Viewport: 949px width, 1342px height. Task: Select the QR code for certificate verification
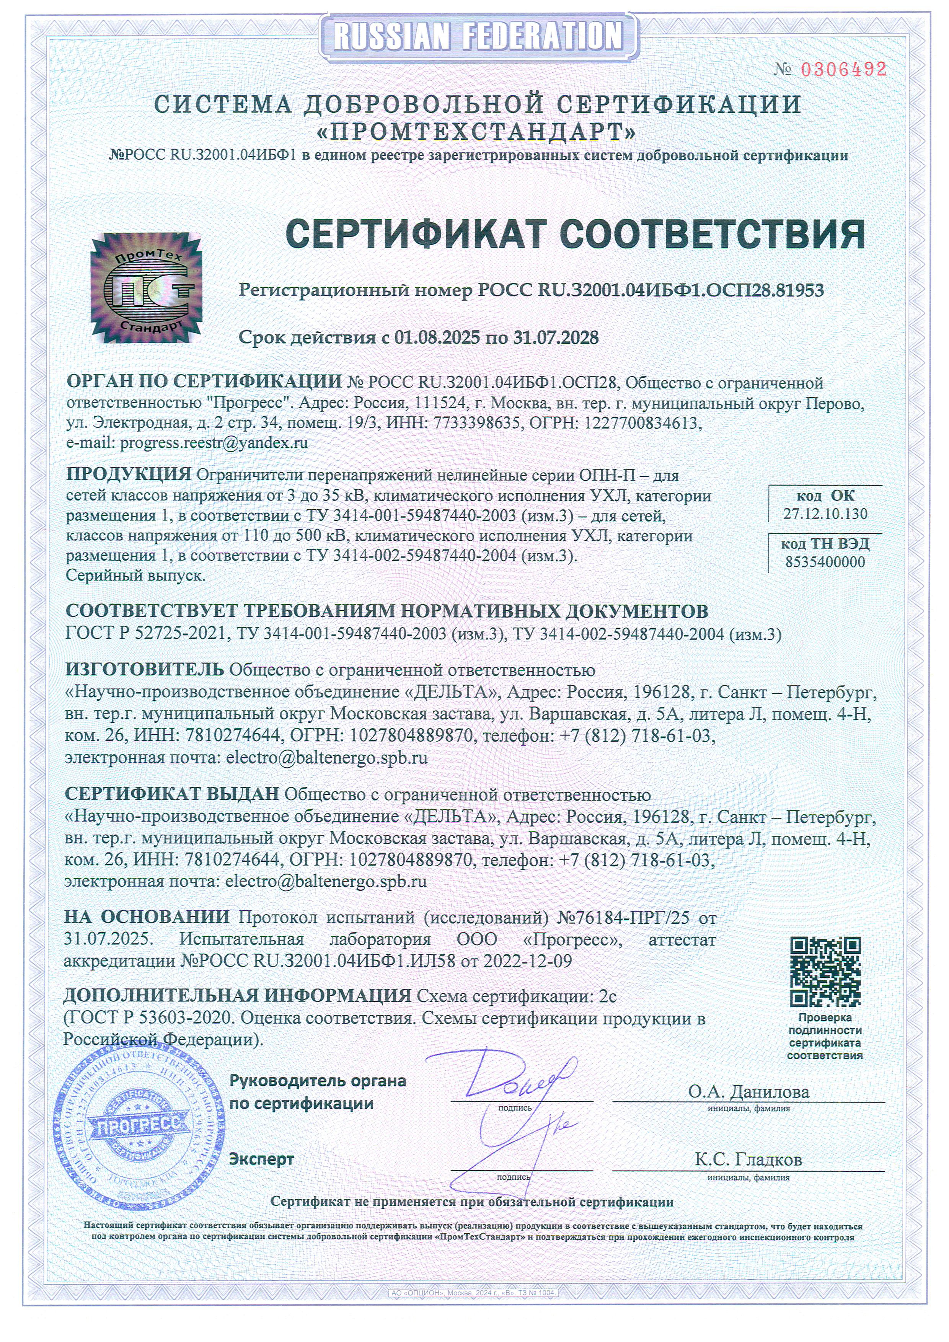[825, 972]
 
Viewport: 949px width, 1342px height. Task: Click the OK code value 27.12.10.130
[825, 514]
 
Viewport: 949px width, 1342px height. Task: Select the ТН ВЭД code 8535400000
[825, 562]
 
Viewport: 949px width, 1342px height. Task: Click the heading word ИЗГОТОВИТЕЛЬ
[144, 669]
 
